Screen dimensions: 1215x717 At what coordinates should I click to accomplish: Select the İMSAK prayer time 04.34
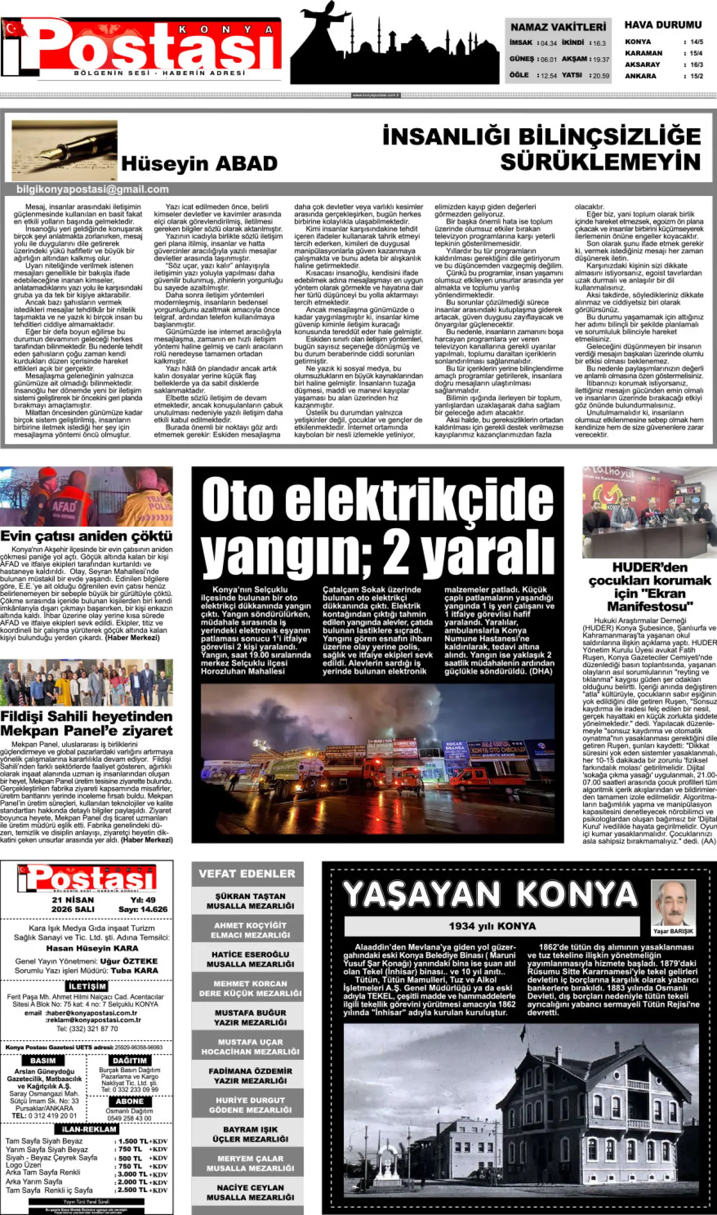pos(548,43)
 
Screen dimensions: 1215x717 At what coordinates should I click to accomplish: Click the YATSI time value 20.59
pos(601,76)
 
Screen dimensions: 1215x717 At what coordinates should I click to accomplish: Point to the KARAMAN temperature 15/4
pos(696,53)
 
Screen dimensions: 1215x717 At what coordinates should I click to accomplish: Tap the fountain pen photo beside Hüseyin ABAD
pos(64,150)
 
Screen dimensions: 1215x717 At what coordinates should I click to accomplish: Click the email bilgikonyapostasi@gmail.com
pos(92,189)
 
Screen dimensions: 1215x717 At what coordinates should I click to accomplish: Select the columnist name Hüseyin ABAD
pos(199,164)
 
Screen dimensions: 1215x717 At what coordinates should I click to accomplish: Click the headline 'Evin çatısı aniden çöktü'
pos(86,536)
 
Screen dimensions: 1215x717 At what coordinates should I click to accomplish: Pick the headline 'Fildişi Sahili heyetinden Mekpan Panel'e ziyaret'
pos(86,723)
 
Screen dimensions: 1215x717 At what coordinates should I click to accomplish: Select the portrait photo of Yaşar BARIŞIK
pos(673,902)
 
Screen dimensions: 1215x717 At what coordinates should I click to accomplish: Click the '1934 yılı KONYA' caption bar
pos(492,926)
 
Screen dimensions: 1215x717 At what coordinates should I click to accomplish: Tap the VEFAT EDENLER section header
pos(247,873)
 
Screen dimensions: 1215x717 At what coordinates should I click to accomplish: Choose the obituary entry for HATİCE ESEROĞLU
pos(250,958)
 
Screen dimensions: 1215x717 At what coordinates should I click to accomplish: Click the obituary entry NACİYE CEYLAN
pos(250,1192)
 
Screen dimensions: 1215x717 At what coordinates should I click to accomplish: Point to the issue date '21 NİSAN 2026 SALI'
pos(73,904)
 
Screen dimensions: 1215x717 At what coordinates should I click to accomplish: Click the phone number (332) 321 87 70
pos(87,1028)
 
